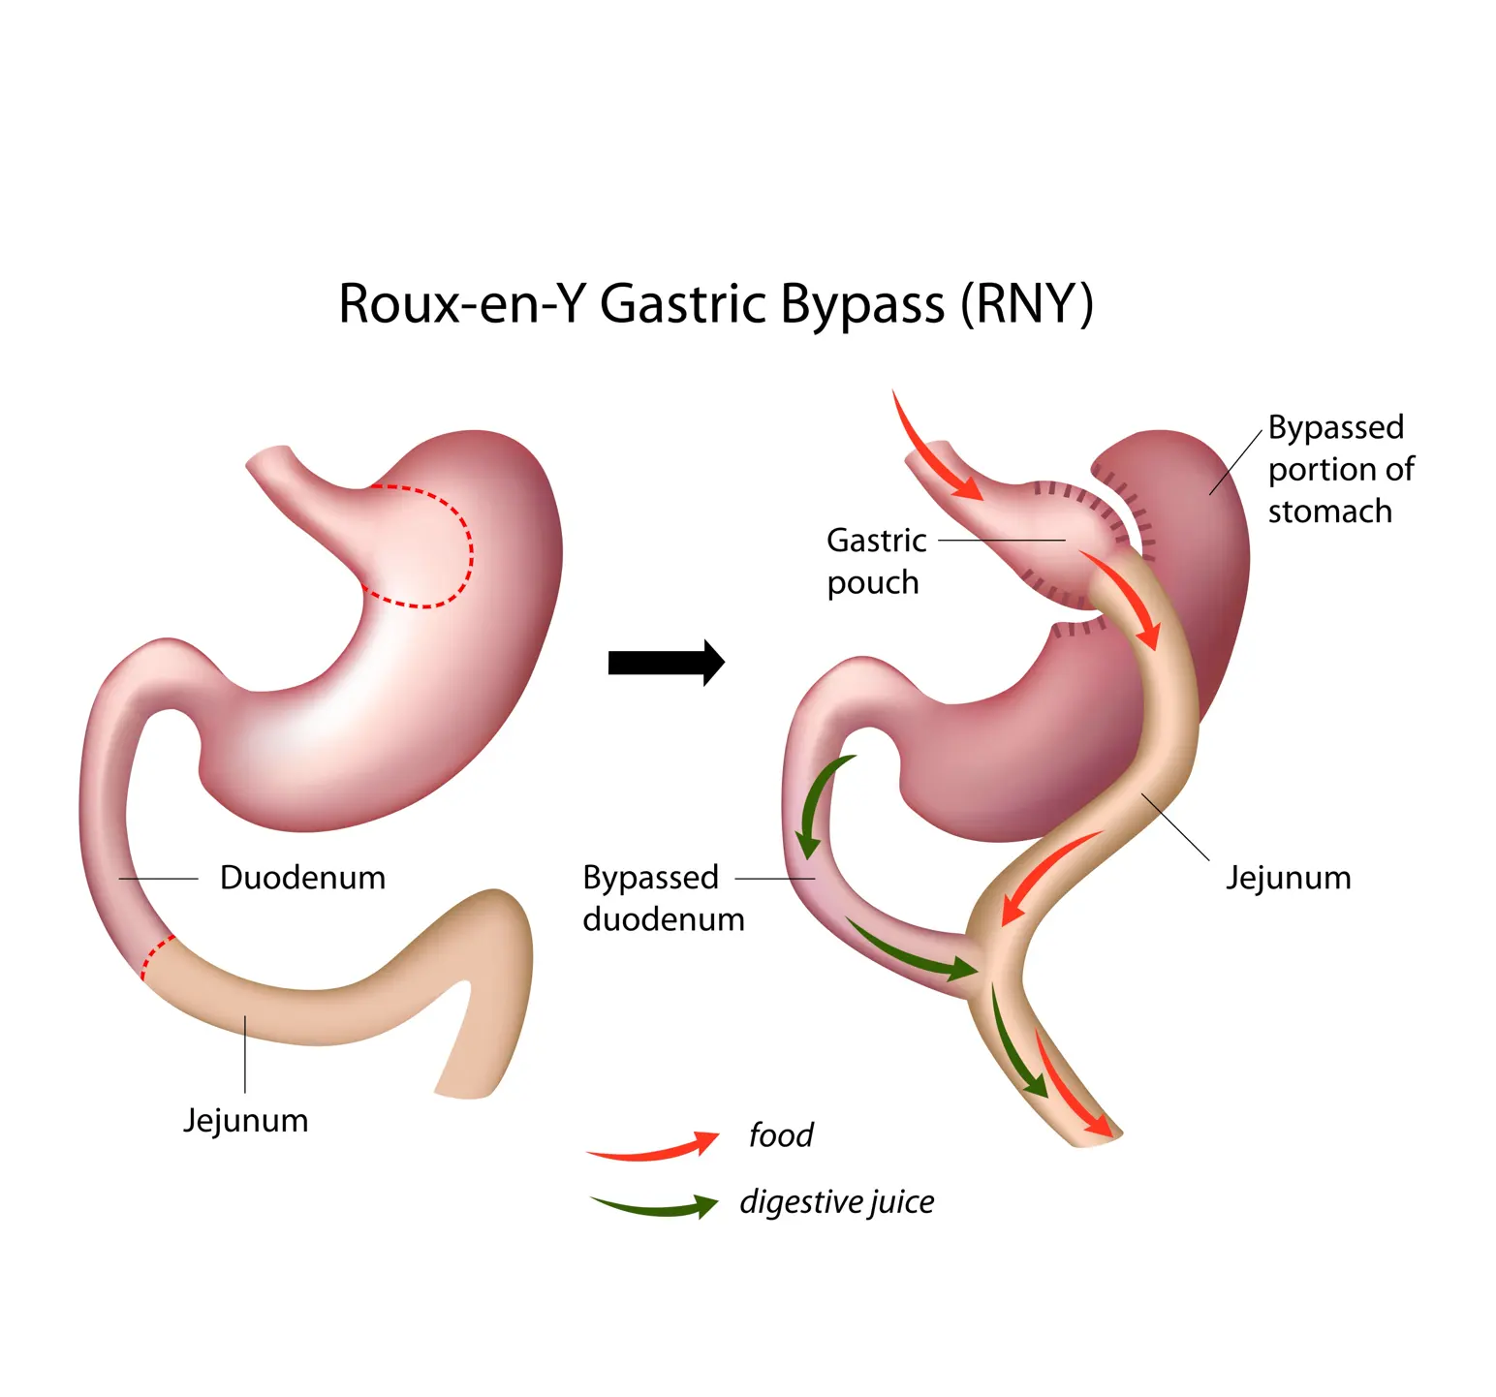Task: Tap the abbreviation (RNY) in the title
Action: [1026, 304]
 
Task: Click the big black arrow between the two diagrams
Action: [666, 663]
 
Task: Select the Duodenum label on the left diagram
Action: [302, 878]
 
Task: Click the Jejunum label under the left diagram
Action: [246, 1121]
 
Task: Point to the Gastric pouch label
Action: [875, 562]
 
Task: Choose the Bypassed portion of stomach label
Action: [1340, 469]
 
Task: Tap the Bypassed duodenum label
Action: [663, 898]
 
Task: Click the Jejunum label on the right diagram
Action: [1288, 878]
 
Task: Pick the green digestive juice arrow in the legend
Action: [654, 1207]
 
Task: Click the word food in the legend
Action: [781, 1135]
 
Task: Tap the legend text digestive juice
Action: [837, 1202]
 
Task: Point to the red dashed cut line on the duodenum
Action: [155, 957]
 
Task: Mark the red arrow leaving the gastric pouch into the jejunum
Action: [1124, 596]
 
